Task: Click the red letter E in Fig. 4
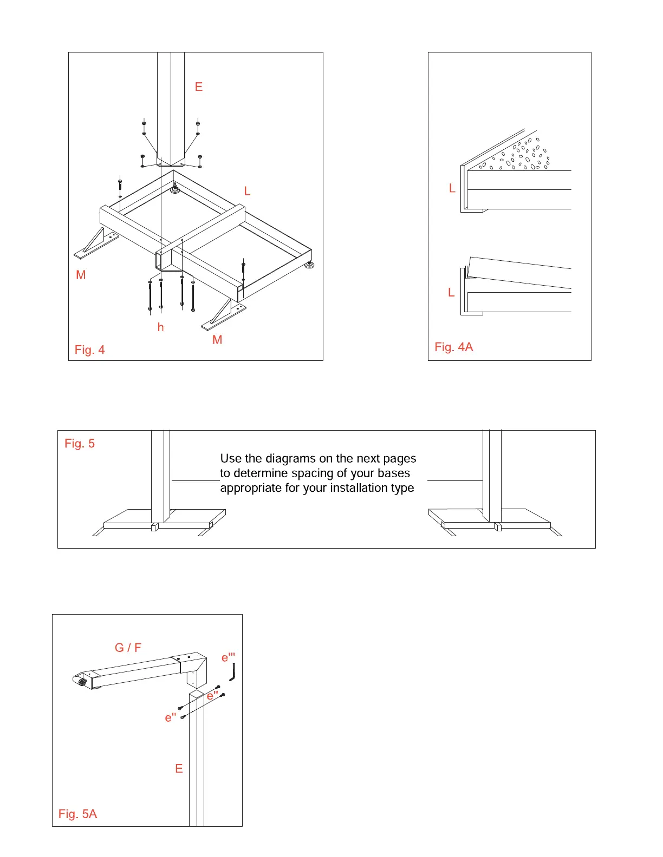[199, 87]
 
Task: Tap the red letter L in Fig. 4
[247, 191]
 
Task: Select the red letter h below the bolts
[160, 327]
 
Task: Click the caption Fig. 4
[90, 350]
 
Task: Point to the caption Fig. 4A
[454, 347]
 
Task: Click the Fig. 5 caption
[80, 444]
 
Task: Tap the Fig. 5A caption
[78, 814]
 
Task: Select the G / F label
[128, 648]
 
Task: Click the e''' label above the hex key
[228, 658]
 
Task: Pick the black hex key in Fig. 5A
[232, 673]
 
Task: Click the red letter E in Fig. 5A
[179, 769]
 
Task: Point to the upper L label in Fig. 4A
[452, 188]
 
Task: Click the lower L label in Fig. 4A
[451, 293]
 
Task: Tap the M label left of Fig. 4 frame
[81, 275]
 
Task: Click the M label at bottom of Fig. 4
[217, 340]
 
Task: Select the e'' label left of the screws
[171, 718]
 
